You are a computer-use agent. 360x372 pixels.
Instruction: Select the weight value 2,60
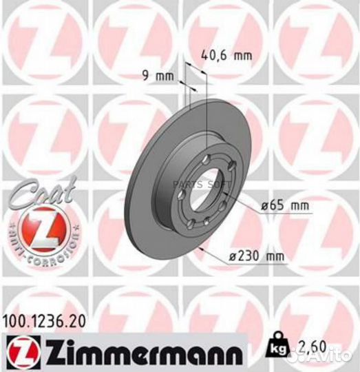click(x=310, y=355)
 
